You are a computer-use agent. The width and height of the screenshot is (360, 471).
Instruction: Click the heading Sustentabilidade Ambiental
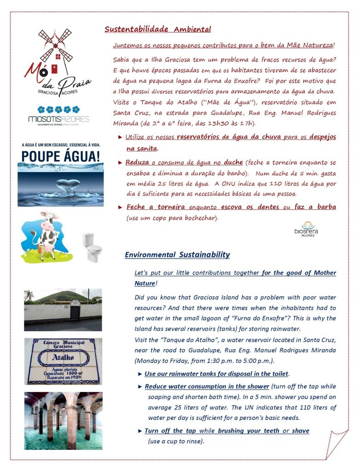click(157, 30)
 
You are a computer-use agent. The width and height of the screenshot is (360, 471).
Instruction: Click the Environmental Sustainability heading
click(177, 255)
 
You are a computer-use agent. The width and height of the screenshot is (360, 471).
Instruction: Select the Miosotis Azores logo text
click(58, 120)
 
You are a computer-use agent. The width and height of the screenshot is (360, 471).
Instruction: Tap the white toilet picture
click(91, 247)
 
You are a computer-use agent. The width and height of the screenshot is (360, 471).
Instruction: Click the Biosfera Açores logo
click(306, 229)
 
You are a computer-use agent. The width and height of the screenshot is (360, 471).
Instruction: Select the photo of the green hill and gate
click(63, 310)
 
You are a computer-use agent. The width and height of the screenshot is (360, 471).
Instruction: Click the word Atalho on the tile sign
click(63, 356)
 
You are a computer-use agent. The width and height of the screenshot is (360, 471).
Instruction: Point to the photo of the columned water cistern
click(63, 420)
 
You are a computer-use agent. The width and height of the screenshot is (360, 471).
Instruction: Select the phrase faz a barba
click(318, 207)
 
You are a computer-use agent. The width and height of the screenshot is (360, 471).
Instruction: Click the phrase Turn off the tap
click(170, 431)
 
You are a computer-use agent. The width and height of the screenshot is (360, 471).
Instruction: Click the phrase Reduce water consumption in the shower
click(207, 386)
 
